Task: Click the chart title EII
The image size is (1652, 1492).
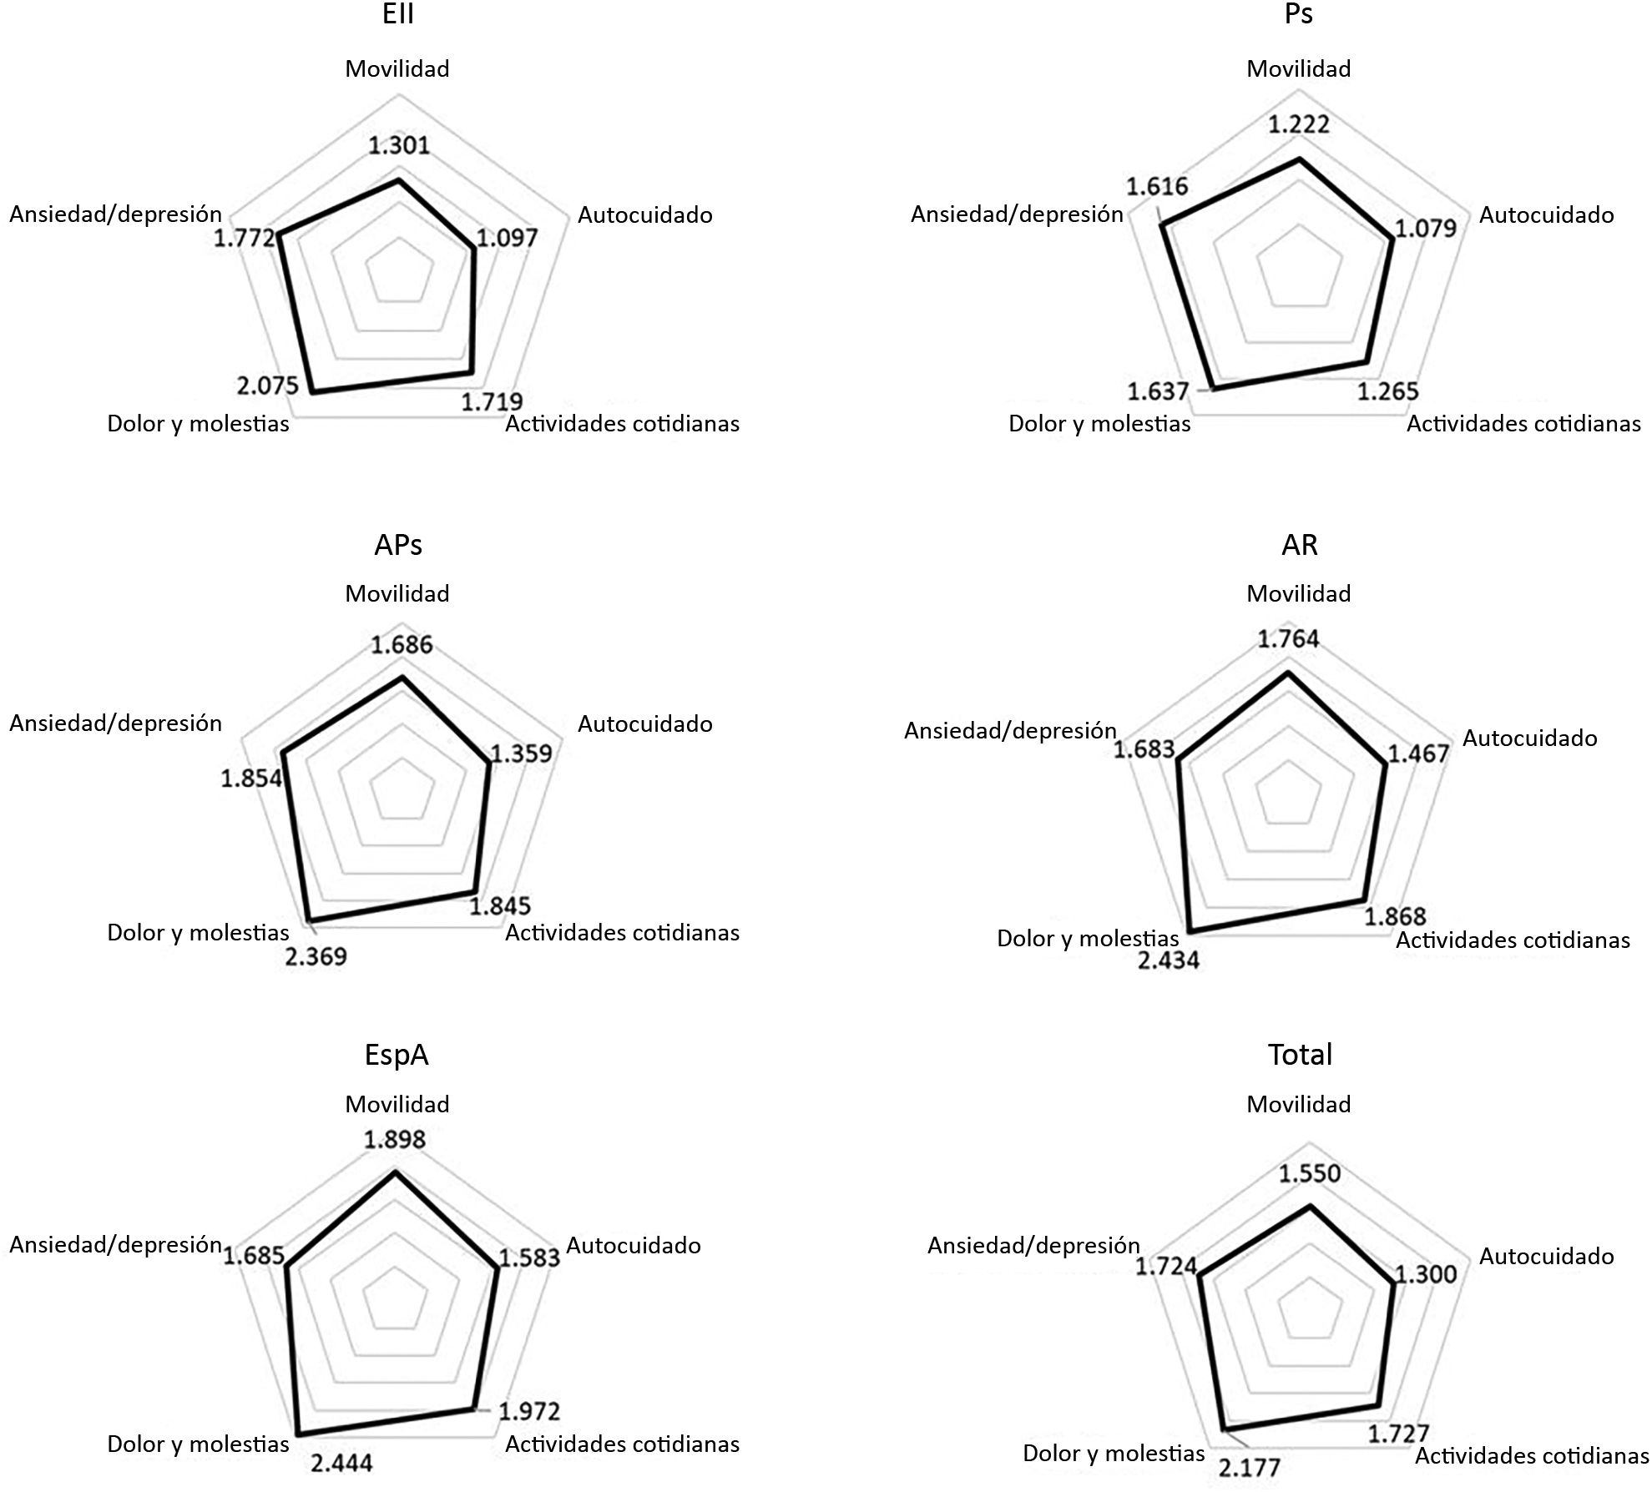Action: click(398, 14)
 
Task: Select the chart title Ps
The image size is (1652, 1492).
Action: click(1299, 14)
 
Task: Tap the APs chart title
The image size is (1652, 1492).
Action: click(398, 545)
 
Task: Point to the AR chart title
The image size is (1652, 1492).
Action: click(1299, 545)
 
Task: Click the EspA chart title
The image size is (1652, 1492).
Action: click(397, 1055)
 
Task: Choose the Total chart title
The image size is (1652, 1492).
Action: click(1300, 1055)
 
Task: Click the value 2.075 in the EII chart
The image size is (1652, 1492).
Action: click(267, 386)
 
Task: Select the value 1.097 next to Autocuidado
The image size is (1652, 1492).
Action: click(508, 238)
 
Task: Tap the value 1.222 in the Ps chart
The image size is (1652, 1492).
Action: click(1299, 124)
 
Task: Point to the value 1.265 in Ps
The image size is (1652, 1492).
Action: click(1387, 391)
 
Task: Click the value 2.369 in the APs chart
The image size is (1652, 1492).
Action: click(316, 956)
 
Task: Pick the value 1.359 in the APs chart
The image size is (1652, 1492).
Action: click(521, 754)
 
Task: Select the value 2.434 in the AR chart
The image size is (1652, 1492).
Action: click(1168, 960)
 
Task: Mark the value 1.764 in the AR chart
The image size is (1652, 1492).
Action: click(1288, 639)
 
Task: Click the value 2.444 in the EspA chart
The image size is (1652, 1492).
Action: click(341, 1462)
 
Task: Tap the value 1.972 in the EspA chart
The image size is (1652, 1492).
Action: click(529, 1412)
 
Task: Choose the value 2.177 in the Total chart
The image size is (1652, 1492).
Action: click(1249, 1466)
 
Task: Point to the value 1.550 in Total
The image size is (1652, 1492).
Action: click(1309, 1173)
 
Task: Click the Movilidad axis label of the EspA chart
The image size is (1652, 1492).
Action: click(397, 1104)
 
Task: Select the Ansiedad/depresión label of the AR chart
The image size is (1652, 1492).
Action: click(1010, 731)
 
